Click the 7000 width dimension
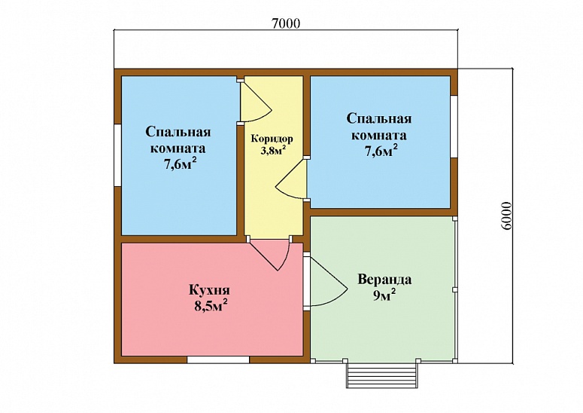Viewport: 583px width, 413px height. (x=286, y=23)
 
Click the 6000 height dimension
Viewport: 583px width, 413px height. (x=506, y=216)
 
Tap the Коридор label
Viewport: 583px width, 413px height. (x=272, y=139)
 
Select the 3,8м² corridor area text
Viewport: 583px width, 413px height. (x=273, y=150)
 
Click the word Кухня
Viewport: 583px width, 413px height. (x=209, y=290)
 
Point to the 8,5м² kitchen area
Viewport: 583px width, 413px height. (x=211, y=306)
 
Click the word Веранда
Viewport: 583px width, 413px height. (x=384, y=280)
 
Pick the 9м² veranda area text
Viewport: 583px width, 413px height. (x=384, y=295)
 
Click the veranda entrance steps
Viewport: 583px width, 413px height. (x=382, y=375)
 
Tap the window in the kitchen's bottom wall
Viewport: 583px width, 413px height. (x=218, y=359)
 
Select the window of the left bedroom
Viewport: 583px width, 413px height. (x=117, y=155)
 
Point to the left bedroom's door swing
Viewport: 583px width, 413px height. (x=257, y=101)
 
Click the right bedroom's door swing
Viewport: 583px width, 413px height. (x=291, y=179)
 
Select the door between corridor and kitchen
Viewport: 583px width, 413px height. (x=269, y=253)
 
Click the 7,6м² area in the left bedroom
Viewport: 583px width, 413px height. (x=181, y=164)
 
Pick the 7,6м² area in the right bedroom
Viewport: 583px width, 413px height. (x=381, y=151)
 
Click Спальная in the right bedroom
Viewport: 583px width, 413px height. (x=379, y=119)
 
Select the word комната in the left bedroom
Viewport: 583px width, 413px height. (x=178, y=148)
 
